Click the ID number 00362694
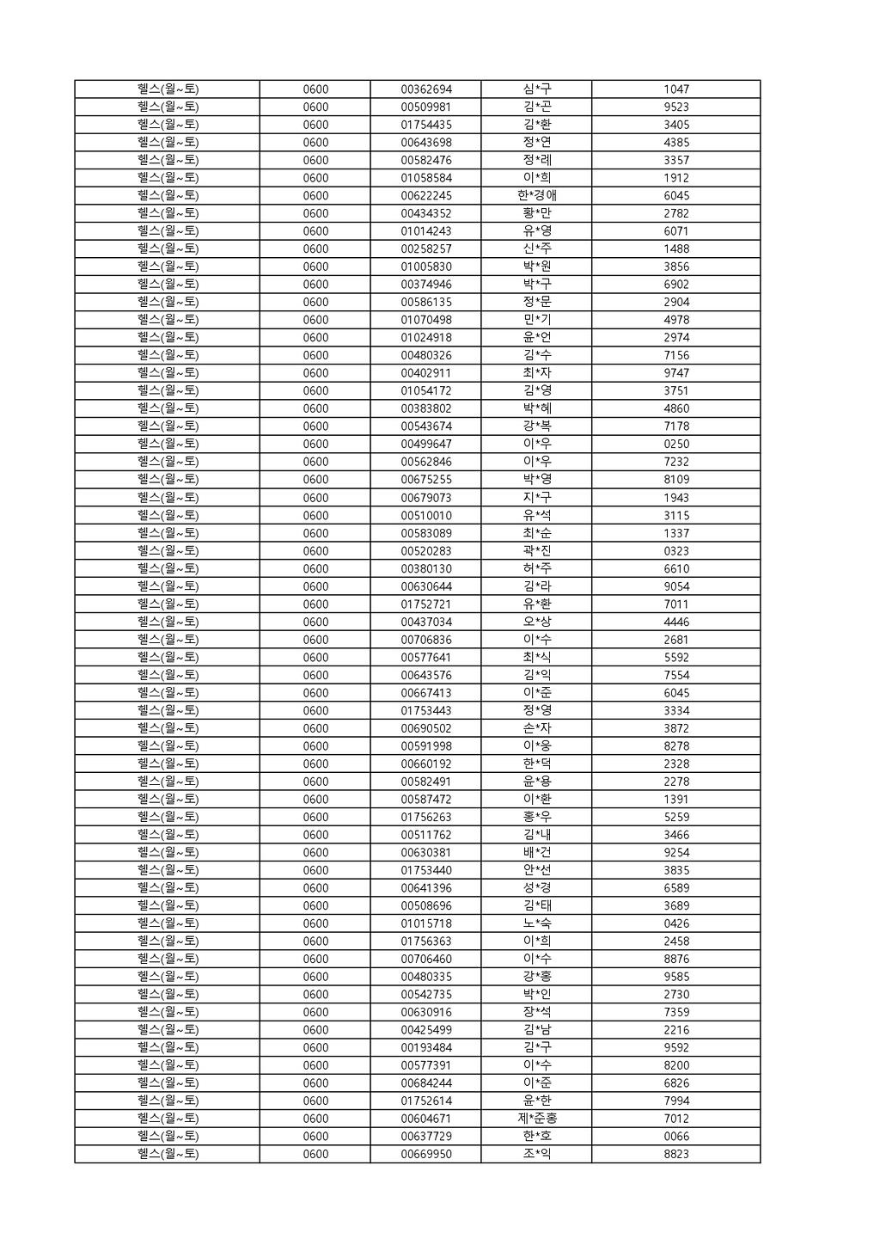tap(426, 89)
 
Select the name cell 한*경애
tap(536, 196)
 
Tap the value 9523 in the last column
tap(675, 107)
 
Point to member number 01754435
tap(426, 125)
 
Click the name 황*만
tap(536, 213)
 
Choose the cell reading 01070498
tap(426, 320)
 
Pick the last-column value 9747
tap(675, 373)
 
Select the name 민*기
tap(536, 320)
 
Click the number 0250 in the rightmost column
tap(675, 445)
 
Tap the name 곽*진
tap(536, 551)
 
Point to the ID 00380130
tap(426, 568)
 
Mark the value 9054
tap(675, 586)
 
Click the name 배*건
tap(536, 853)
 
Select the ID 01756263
tap(426, 817)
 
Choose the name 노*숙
tap(536, 923)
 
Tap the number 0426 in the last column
tap(675, 923)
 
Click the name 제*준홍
tap(536, 1119)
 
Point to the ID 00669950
tap(426, 1154)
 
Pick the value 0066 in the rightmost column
tap(675, 1137)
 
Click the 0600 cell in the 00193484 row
tap(315, 1048)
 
